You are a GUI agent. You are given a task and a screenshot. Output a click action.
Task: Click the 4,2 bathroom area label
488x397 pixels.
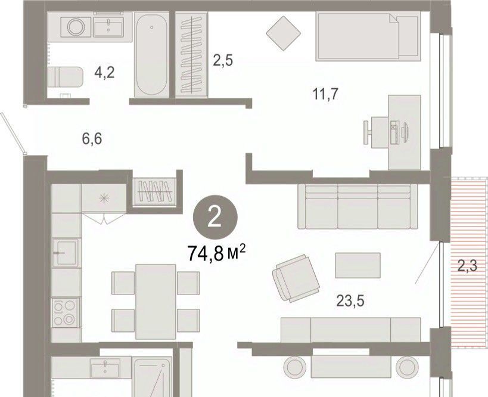[x=105, y=73]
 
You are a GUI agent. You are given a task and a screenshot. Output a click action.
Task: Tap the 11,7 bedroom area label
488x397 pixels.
[x=325, y=94]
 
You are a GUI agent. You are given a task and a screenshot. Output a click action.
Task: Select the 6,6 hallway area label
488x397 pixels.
[x=92, y=138]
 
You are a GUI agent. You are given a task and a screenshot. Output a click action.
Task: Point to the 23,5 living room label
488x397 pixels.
[x=350, y=301]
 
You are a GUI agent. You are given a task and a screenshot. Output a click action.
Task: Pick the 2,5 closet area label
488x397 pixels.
[x=223, y=60]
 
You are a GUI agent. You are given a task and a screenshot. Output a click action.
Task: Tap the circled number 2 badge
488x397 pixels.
[x=215, y=218]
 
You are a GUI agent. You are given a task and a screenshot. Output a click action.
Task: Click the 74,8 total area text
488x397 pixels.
[x=217, y=253]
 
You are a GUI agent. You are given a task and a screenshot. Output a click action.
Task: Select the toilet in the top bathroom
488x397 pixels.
[x=66, y=76]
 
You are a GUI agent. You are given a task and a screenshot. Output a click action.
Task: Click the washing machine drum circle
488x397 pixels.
[x=76, y=26]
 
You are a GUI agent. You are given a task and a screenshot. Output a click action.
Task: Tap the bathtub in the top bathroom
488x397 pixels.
[x=151, y=54]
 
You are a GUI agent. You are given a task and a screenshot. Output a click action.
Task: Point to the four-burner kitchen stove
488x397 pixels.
[x=66, y=312]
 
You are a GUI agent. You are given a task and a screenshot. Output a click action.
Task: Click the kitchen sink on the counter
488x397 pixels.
[x=66, y=253]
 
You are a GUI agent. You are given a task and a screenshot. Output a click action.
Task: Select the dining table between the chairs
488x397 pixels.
[x=156, y=302]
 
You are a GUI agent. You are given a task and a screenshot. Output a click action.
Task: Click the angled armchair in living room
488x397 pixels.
[x=296, y=278]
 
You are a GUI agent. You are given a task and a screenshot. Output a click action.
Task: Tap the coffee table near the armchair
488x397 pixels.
[x=358, y=265]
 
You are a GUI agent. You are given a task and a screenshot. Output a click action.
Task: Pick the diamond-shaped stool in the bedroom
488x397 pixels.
[x=284, y=33]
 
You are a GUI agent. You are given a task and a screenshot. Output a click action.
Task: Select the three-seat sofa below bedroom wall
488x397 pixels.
[x=358, y=206]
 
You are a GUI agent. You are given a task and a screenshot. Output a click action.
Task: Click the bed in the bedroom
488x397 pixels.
[x=368, y=36]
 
